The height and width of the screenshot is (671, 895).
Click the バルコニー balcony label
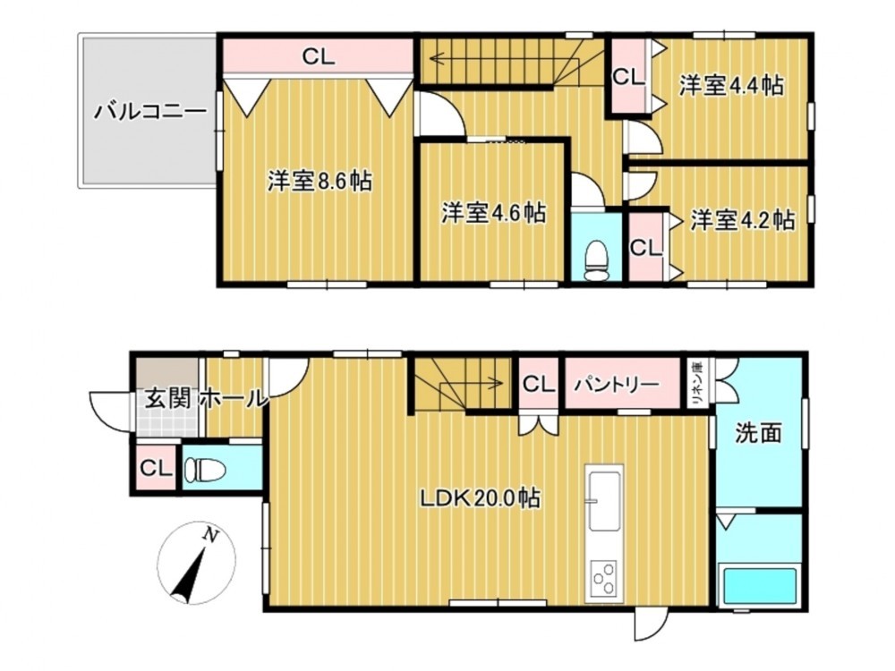pos(150,111)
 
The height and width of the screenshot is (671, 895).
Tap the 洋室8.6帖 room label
pos(320,182)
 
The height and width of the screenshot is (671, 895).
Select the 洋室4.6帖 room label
pos(494,213)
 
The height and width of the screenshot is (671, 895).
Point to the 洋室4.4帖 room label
pos(731,86)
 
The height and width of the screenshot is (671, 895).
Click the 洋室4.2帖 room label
pos(743,220)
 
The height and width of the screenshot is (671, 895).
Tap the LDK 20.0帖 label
pos(481,498)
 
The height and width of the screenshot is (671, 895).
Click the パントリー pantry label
pos(616,384)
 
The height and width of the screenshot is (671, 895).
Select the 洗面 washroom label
pos(758,433)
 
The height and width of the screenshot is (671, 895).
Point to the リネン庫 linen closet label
pos(697,384)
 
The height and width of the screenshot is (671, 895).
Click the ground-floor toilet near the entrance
pos(205,471)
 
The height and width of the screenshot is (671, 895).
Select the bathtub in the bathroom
pos(759,587)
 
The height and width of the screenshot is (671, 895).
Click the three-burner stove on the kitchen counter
pos(604,579)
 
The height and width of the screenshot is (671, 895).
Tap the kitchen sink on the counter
pos(604,501)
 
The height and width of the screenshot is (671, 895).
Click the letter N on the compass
pos(212,535)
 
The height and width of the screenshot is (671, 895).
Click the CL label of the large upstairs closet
pos(319,56)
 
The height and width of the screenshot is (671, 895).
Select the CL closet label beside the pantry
pos(539,384)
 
